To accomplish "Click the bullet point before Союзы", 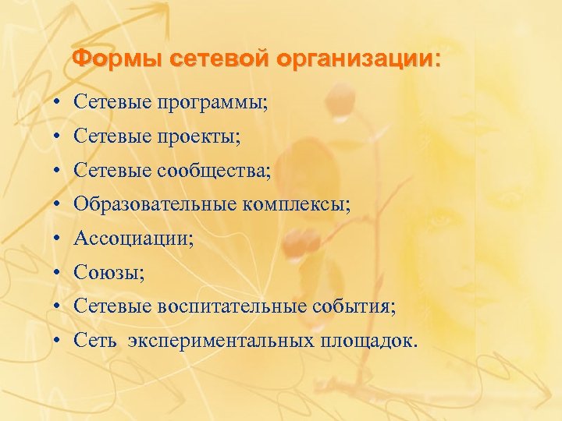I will [x=59, y=274].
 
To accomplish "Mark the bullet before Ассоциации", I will [x=59, y=239].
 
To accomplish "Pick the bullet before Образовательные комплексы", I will [x=59, y=206].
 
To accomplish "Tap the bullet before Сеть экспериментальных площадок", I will [x=59, y=341].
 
